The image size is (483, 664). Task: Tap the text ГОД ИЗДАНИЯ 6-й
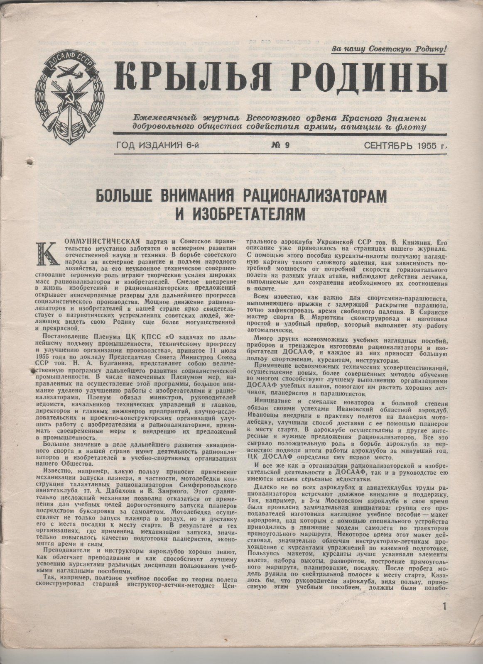(156, 146)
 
